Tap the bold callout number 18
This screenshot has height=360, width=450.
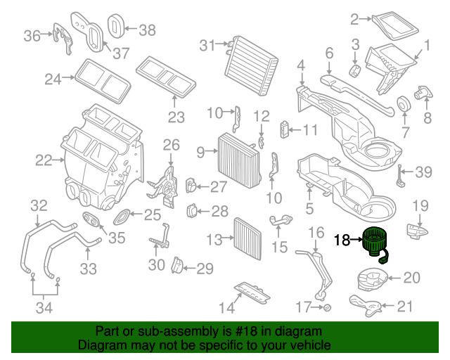(x=342, y=240)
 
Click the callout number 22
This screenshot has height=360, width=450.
(x=44, y=160)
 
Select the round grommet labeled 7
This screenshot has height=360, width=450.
(x=404, y=104)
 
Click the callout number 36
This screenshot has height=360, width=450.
(x=32, y=35)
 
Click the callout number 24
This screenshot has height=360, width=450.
(x=53, y=79)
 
